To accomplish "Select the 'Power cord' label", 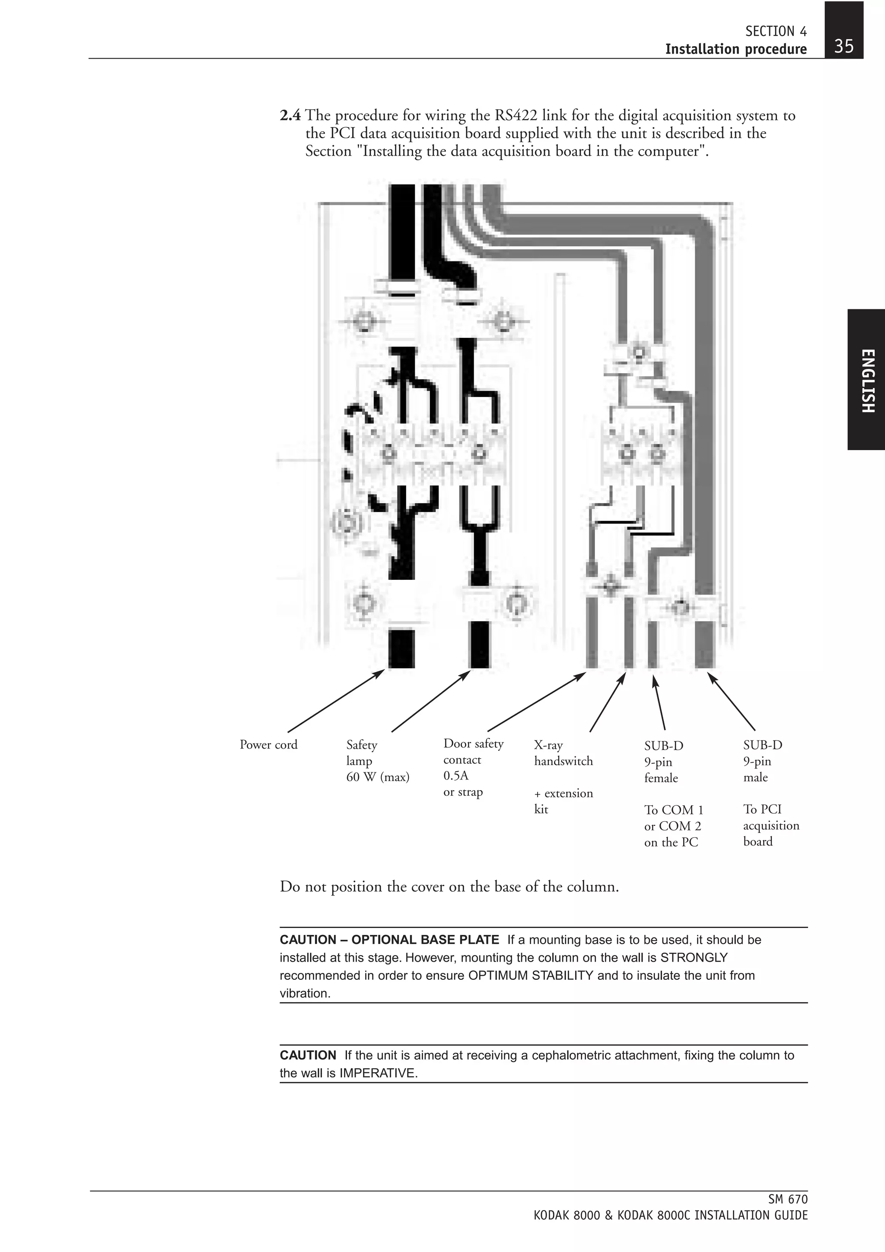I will [268, 745].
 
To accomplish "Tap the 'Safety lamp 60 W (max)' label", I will [377, 761].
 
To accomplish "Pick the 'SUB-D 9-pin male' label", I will [762, 761].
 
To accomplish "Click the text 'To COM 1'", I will [673, 810].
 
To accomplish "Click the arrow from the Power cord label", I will [335, 701].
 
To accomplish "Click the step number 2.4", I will [290, 116].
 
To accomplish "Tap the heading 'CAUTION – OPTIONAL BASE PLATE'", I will [389, 940].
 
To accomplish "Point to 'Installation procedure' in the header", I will [735, 49].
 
